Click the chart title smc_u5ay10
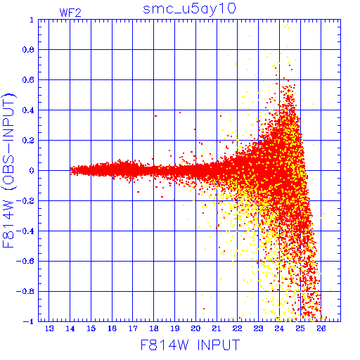[189, 9]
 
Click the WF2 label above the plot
[70, 13]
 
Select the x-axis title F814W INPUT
[190, 345]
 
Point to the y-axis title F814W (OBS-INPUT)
[8, 171]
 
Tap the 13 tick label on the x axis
[49, 328]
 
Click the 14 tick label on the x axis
[70, 328]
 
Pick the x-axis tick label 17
[133, 328]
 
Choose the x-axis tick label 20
[195, 328]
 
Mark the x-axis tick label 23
[259, 328]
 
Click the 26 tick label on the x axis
[321, 328]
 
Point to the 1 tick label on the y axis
[32, 20]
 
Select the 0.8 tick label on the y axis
[28, 50]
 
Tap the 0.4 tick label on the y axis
[28, 110]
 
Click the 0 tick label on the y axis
[32, 171]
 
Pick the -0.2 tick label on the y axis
[25, 201]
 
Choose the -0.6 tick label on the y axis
[25, 261]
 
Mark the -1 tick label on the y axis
[29, 321]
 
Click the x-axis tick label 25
[300, 328]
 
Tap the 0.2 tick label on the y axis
[28, 141]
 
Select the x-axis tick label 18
[154, 328]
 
